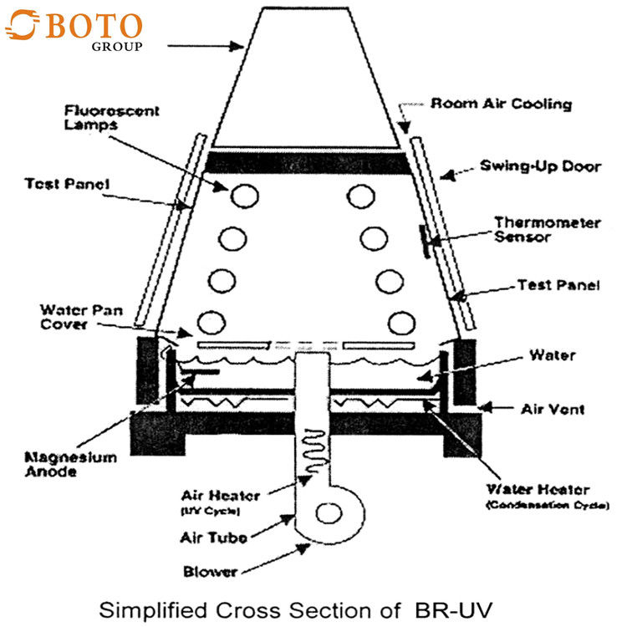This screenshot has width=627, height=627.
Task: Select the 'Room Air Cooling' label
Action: coord(501,104)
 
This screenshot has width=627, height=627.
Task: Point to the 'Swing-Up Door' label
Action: coord(540,166)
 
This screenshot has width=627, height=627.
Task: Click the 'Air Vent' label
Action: coord(552,410)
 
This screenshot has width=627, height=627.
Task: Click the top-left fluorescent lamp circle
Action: coord(244,197)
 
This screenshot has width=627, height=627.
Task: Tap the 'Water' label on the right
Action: coord(552,355)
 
